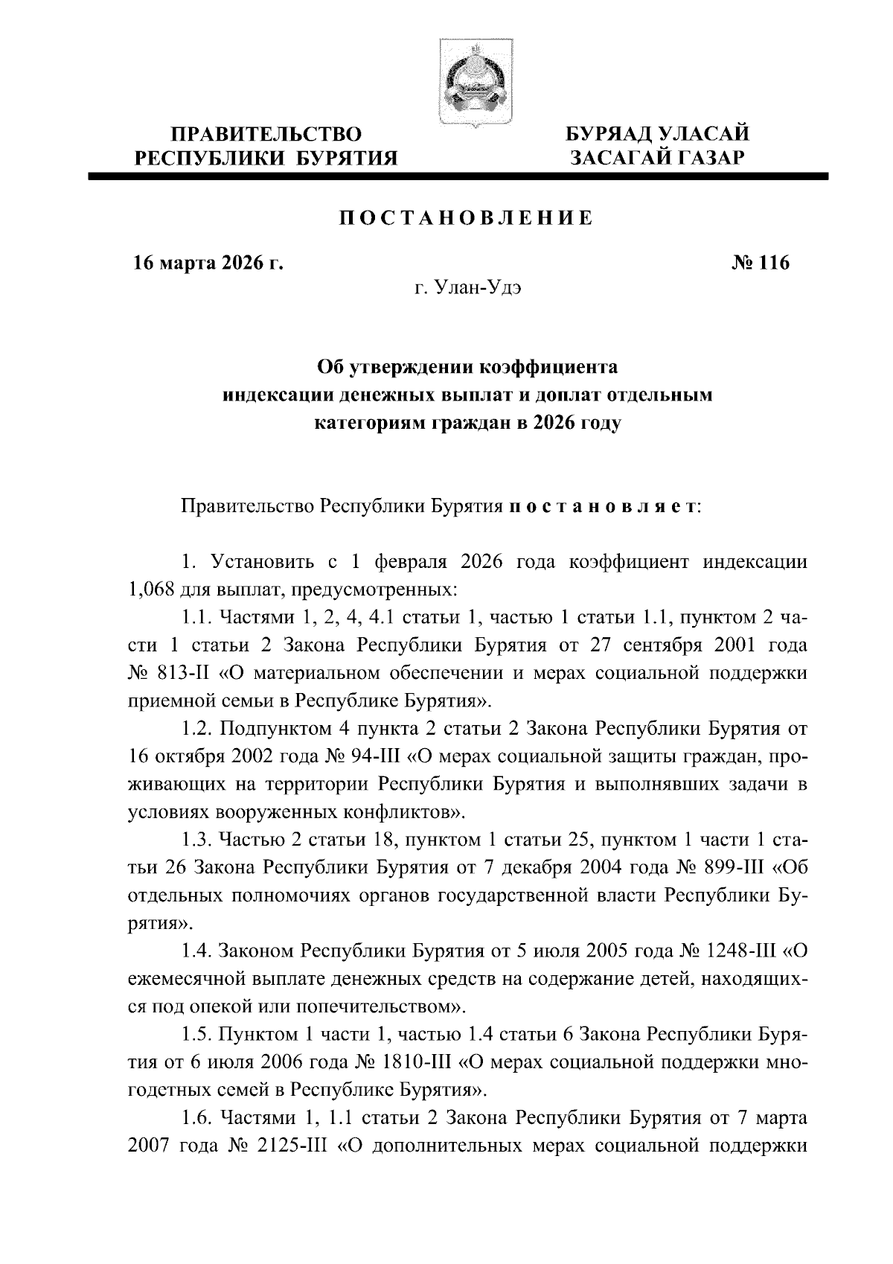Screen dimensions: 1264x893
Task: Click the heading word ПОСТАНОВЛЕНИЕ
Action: click(x=467, y=218)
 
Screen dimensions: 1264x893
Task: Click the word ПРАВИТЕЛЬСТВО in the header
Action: click(x=266, y=134)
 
